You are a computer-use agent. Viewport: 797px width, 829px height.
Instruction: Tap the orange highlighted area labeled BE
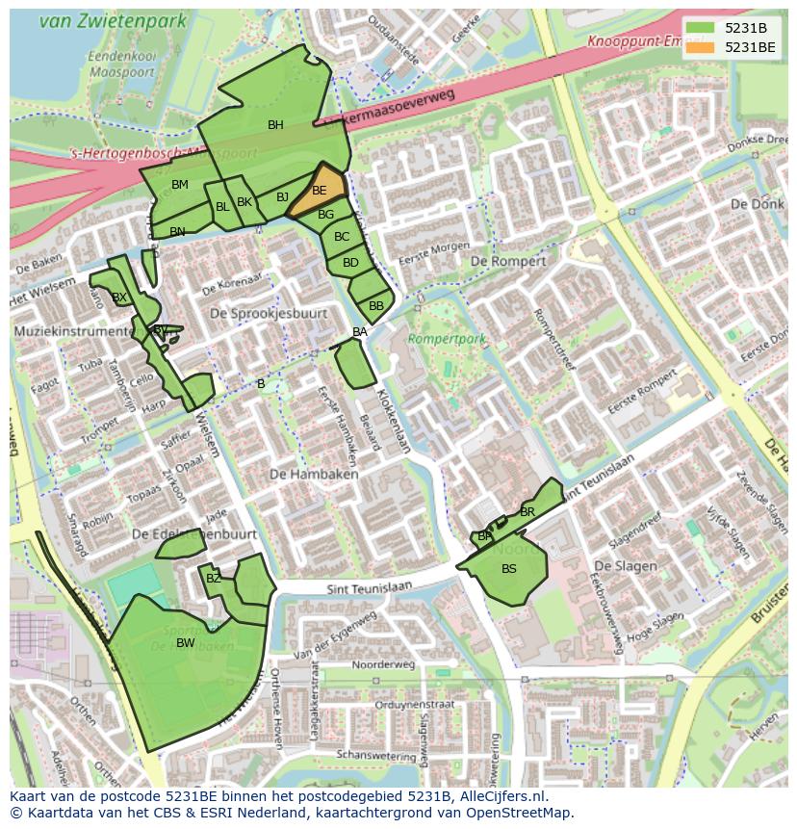tap(319, 191)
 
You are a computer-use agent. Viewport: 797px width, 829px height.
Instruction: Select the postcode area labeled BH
tap(275, 125)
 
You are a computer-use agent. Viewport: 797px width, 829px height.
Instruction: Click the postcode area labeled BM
tap(180, 185)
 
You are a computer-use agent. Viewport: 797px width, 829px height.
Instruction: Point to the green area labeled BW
tap(186, 643)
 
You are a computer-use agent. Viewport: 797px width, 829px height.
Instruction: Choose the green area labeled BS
tap(508, 569)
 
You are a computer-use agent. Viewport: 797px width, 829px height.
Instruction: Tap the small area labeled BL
tap(222, 206)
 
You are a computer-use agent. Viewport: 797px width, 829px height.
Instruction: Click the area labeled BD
tap(350, 262)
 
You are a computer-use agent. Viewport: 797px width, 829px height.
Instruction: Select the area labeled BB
tap(375, 305)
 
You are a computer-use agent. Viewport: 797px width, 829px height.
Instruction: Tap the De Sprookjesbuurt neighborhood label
tap(269, 314)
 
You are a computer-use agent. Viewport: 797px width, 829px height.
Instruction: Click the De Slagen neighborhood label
tap(626, 566)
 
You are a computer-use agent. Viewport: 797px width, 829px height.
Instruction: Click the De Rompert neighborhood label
tap(507, 261)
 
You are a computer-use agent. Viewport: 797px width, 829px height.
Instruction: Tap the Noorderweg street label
tap(383, 664)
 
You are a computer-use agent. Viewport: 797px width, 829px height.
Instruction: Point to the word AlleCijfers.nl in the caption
tap(497, 796)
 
